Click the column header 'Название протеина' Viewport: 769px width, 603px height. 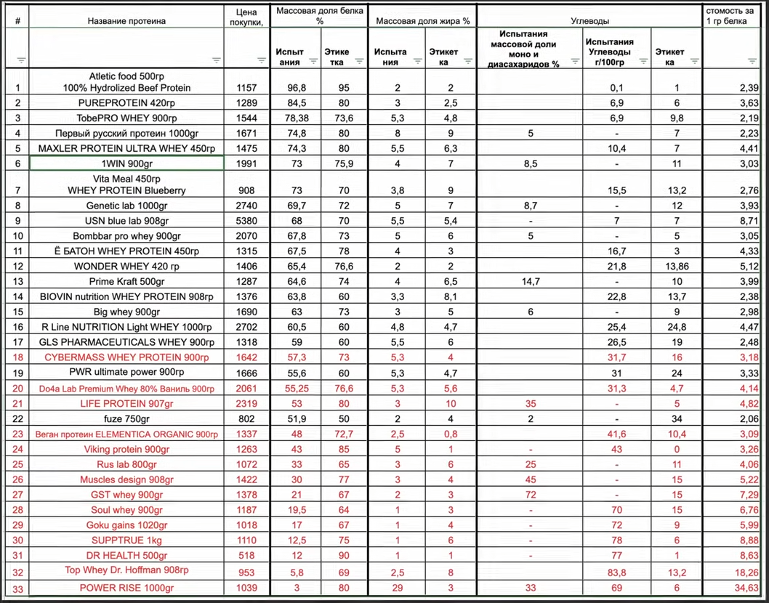(x=126, y=21)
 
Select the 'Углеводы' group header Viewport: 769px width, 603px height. (x=589, y=21)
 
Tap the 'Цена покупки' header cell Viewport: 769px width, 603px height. (x=247, y=17)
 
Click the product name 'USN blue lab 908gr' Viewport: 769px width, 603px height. (x=126, y=221)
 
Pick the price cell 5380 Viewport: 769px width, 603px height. (x=247, y=221)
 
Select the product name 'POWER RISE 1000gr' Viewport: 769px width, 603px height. (x=126, y=588)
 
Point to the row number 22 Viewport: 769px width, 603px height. (x=17, y=419)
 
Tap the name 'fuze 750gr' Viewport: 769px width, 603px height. (x=126, y=419)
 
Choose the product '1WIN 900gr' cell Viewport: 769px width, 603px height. (x=126, y=164)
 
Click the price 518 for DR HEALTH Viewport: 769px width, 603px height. (x=247, y=556)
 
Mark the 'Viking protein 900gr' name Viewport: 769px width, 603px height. (x=126, y=449)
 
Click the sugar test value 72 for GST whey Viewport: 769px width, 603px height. (x=531, y=495)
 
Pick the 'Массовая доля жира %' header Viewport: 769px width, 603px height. (x=422, y=21)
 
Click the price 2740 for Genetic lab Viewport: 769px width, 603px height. (x=247, y=206)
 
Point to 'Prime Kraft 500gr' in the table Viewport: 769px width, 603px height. (x=126, y=281)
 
